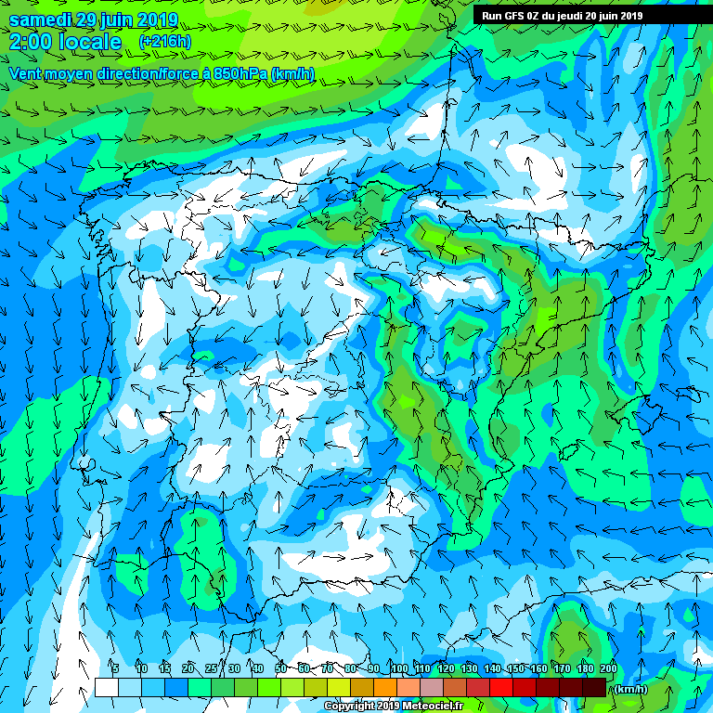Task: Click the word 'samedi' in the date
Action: coord(38,19)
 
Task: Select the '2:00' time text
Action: coord(31,42)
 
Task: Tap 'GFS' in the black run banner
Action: coord(514,16)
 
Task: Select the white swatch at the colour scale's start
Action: coord(106,687)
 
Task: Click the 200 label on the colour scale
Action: coord(608,668)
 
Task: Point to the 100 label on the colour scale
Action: coord(399,668)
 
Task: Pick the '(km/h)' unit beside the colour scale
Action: coord(629,688)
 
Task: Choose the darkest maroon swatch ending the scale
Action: coord(594,687)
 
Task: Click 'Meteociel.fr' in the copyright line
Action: coord(443,706)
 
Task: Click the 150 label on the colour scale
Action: coord(515,668)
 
